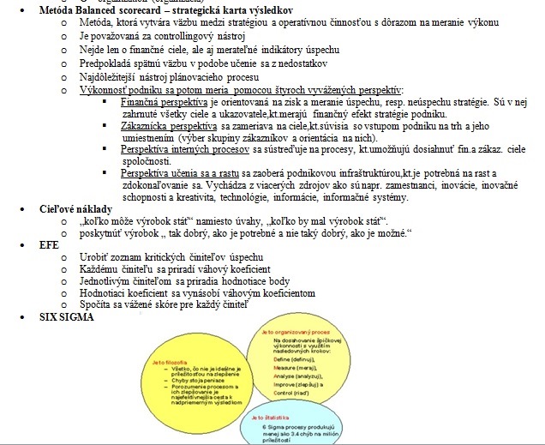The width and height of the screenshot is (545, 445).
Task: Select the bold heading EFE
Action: click(x=40, y=244)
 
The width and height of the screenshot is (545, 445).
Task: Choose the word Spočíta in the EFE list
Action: click(x=94, y=305)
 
